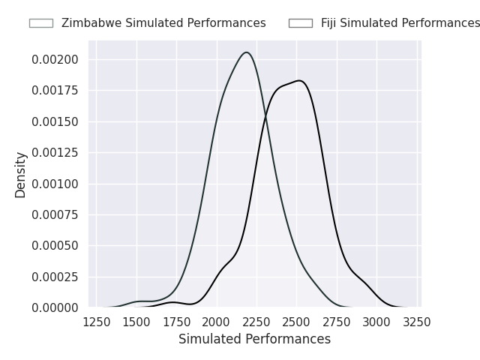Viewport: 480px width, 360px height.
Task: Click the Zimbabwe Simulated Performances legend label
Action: [x=163, y=23]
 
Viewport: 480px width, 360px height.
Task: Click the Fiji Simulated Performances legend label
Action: [x=400, y=23]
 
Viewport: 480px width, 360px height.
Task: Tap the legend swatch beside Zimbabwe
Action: [x=41, y=23]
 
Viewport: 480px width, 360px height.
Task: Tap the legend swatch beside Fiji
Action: [x=301, y=23]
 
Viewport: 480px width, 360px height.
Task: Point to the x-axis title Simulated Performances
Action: [x=254, y=340]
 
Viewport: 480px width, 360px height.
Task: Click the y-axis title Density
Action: [x=21, y=175]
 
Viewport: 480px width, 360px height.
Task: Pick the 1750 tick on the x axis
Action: [x=177, y=322]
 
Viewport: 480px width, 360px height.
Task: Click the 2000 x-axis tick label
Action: [x=217, y=322]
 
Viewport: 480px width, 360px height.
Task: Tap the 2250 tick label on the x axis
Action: [x=257, y=322]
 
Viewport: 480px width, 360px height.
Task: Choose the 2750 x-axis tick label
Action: [x=337, y=322]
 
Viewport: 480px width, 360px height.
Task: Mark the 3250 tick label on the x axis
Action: [x=417, y=322]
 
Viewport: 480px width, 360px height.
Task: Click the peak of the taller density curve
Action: [x=246, y=52]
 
